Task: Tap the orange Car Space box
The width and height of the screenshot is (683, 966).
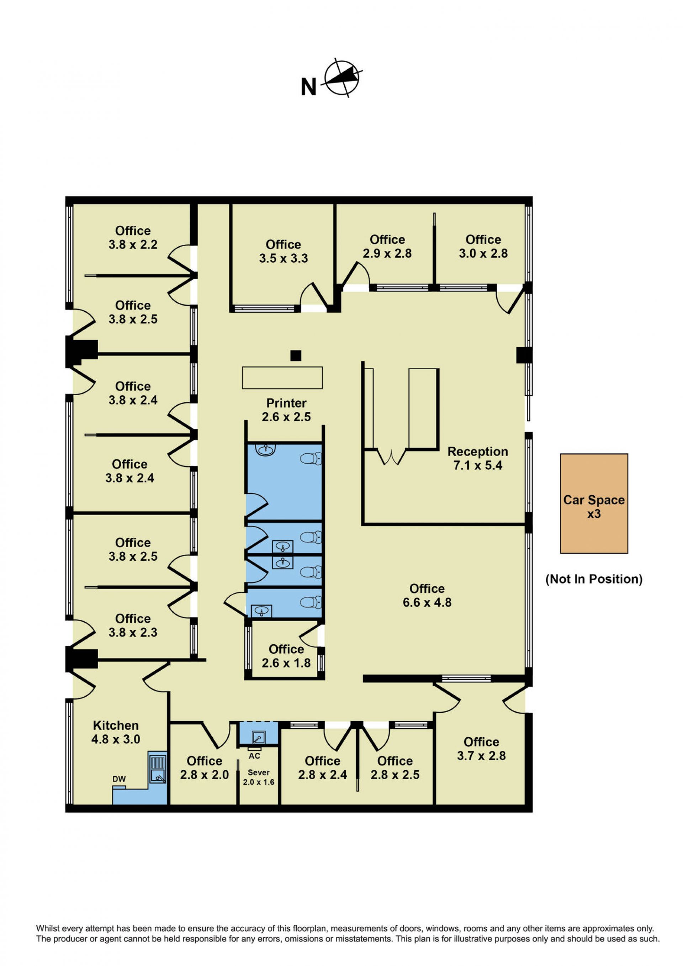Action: tap(594, 503)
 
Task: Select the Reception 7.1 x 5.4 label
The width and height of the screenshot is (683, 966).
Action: tap(478, 458)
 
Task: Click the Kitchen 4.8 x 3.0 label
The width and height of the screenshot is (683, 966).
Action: tap(116, 732)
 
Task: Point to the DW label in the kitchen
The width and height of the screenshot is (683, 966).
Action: tap(119, 779)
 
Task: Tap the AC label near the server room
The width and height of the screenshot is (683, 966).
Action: tap(254, 756)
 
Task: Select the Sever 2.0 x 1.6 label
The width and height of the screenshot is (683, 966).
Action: tap(259, 777)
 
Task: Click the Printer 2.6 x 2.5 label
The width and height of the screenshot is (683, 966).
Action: tap(286, 410)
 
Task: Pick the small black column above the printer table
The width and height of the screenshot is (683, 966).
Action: tap(296, 355)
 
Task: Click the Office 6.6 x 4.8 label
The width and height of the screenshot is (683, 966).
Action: tap(427, 595)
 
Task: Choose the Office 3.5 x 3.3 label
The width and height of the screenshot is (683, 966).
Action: tap(284, 251)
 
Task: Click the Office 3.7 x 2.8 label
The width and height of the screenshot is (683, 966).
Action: tap(482, 749)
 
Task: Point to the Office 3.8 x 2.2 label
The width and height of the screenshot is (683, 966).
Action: tap(133, 237)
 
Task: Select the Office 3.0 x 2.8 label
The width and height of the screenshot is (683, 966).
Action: tap(483, 246)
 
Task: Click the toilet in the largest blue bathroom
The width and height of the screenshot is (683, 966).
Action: tap(311, 458)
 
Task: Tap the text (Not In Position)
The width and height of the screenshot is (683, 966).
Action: tap(594, 579)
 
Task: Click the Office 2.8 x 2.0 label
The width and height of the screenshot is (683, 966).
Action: tap(205, 767)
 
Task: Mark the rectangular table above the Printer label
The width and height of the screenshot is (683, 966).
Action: tap(282, 378)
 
